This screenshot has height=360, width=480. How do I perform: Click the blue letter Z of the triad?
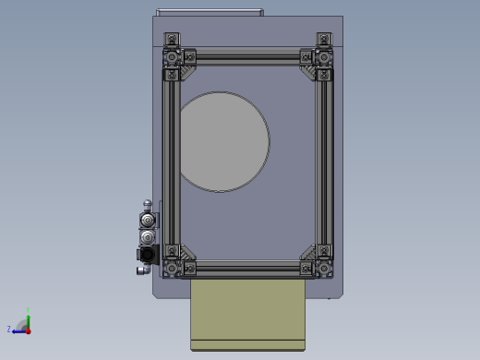pyautogui.click(x=9, y=329)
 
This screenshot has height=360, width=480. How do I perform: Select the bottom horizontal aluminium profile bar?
pyautogui.click(x=247, y=269)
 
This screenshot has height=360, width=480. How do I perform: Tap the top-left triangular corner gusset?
pyautogui.click(x=187, y=68)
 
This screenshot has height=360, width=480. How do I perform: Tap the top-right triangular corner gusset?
pyautogui.click(x=306, y=68)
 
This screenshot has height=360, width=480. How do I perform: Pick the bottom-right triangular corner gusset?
pyautogui.click(x=307, y=255)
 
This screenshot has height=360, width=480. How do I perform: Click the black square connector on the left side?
pyautogui.click(x=146, y=254)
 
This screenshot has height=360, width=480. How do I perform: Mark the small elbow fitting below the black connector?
pyautogui.click(x=142, y=270)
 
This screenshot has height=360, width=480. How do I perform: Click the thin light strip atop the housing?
pyautogui.click(x=210, y=12)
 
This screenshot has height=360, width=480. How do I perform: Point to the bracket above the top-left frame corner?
pyautogui.click(x=171, y=40)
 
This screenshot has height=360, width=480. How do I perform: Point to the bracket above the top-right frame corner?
pyautogui.click(x=323, y=40)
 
